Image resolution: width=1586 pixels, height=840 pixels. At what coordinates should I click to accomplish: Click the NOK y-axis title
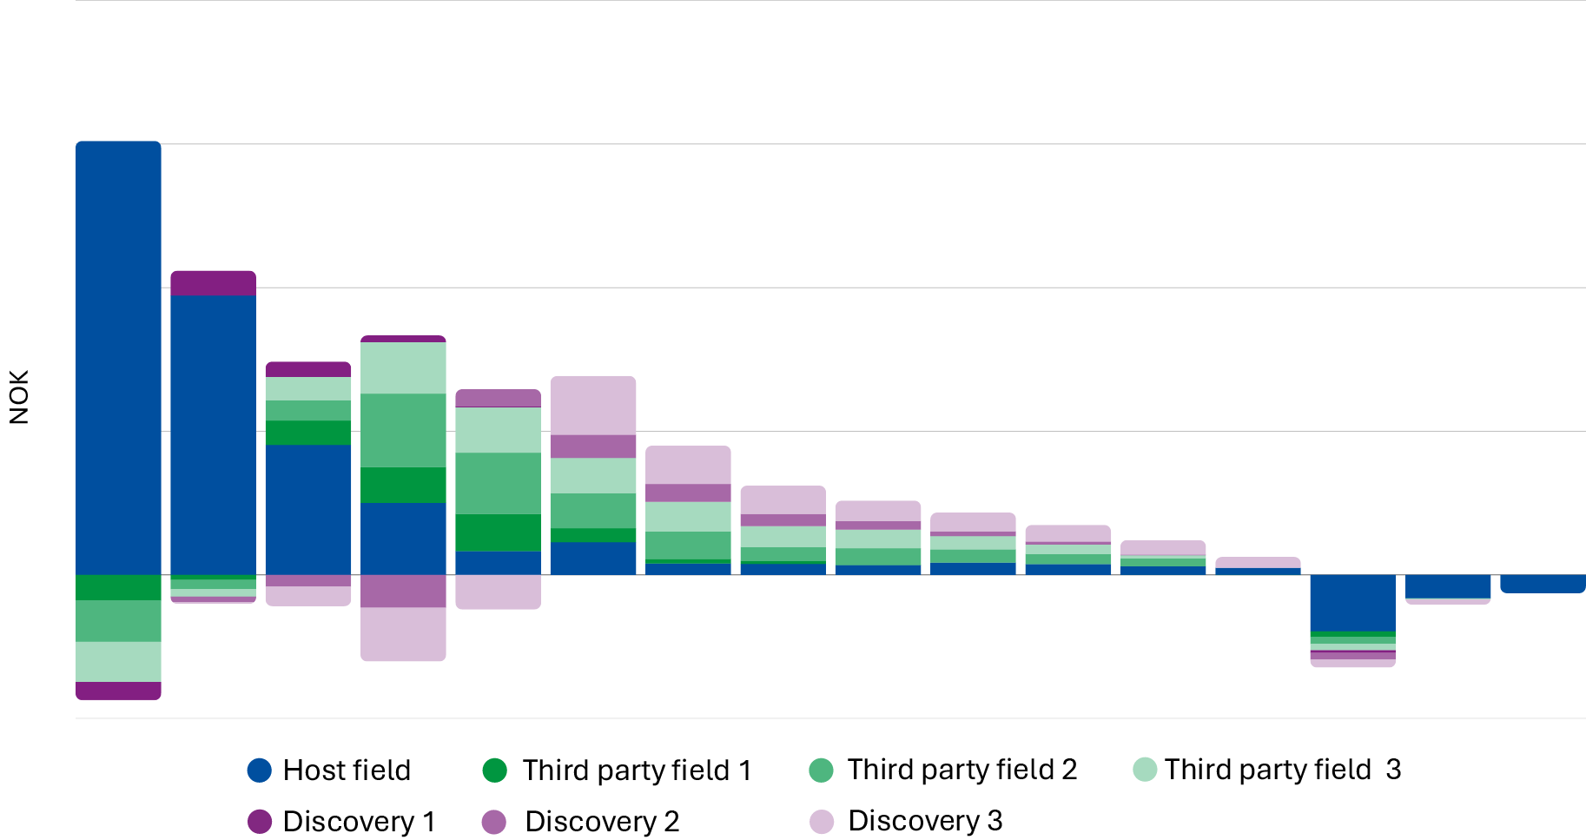19,397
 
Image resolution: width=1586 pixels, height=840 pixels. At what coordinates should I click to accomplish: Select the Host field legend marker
259,771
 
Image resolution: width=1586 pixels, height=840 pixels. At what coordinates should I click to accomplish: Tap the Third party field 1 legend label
636,771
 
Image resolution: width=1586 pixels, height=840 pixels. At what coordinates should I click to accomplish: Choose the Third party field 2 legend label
962,770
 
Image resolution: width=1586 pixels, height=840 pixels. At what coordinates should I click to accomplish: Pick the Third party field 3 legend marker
1145,770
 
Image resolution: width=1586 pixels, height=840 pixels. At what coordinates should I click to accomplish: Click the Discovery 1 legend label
359,822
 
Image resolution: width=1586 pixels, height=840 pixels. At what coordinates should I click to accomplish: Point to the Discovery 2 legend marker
494,822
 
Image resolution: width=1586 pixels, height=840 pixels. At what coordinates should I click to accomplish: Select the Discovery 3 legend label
925,821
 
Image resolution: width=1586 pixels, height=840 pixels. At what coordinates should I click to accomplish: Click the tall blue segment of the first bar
118,356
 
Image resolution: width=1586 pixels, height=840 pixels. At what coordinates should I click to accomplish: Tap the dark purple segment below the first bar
118,691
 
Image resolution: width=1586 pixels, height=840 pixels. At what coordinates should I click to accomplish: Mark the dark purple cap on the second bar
213,283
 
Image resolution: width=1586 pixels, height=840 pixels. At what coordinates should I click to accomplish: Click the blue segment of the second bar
213,434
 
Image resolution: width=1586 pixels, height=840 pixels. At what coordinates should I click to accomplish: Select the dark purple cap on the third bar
307,369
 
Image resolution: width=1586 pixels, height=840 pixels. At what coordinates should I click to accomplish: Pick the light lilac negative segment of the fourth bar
403,634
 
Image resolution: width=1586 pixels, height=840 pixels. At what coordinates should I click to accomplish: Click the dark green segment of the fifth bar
498,532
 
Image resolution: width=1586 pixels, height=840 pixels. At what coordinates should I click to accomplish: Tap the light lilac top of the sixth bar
593,405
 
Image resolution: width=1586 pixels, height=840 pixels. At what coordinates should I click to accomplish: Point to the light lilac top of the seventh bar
688,465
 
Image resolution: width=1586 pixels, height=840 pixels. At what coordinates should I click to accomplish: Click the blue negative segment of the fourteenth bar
1352,602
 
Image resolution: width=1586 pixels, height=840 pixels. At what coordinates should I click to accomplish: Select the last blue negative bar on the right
1543,584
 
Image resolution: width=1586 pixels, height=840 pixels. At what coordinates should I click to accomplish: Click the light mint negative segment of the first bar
118,662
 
